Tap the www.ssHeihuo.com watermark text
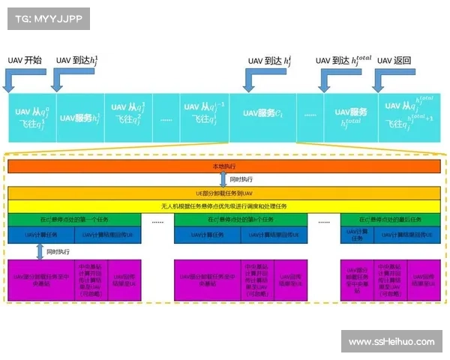[391, 342]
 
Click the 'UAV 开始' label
[25, 61]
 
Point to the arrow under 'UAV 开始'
[18, 79]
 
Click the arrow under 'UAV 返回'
[389, 79]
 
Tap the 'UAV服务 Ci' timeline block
[262, 113]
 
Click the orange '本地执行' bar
[223, 165]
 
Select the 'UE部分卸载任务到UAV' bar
[223, 193]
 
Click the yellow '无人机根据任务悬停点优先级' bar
[223, 205]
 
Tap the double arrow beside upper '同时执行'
[223, 179]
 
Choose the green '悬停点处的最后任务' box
[388, 220]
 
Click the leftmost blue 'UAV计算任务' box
[42, 235]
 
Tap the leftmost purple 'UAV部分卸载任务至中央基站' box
[42, 277]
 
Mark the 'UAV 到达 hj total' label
[343, 60]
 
